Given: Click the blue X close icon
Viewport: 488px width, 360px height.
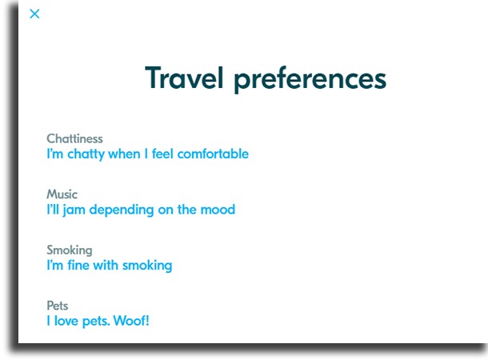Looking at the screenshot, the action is coord(34,14).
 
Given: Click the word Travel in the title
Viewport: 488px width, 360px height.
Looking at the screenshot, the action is coord(184,78).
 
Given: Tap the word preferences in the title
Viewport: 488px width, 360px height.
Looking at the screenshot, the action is coord(310,80).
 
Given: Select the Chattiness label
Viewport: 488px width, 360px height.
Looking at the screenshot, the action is coord(74,138).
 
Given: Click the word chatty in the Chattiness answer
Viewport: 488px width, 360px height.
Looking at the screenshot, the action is coord(86,154).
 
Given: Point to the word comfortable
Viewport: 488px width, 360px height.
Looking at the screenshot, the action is coord(213,154).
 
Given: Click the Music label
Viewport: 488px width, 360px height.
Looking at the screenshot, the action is coord(62,194).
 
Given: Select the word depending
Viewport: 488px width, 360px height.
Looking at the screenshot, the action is coord(122,210).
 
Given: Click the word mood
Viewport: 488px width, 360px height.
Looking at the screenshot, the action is coord(218,210).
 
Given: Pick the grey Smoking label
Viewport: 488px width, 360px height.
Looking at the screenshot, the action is coord(70,250).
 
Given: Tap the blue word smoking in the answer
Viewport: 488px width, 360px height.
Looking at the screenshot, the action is coord(147,266).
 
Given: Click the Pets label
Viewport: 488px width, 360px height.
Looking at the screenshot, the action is coord(58,306).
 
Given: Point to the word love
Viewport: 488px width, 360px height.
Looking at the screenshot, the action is coord(66,321).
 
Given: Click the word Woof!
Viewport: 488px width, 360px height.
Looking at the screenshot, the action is coord(131,321).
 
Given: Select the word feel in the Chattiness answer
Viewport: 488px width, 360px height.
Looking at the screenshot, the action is coord(162,154).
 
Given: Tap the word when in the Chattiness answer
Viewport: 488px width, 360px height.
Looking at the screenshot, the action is coord(124,154).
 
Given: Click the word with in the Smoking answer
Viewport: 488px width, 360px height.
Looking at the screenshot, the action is coord(106,265).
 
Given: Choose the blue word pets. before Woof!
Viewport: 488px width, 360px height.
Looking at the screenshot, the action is coord(96,322).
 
